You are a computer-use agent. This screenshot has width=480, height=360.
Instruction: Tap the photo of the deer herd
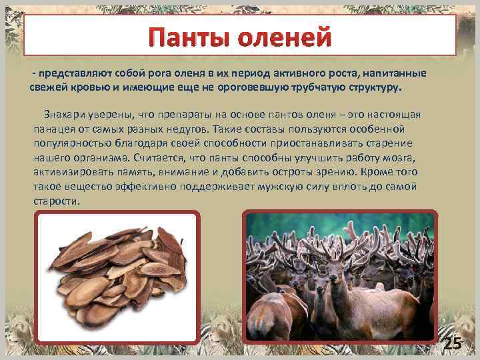click(340, 277)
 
